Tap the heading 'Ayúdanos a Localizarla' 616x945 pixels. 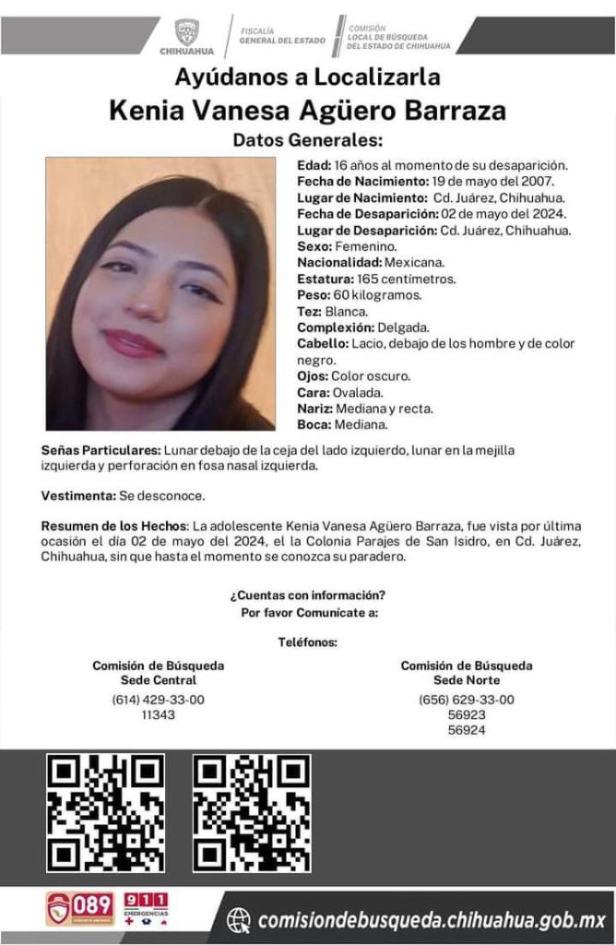click(307, 78)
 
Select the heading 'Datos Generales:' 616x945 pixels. click(307, 140)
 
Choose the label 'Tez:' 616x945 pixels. click(309, 312)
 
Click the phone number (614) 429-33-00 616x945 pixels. click(158, 700)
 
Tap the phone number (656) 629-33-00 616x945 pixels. click(466, 700)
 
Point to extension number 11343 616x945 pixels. click(158, 714)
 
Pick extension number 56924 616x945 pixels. click(466, 729)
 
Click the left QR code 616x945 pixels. click(106, 813)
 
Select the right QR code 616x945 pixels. click(252, 813)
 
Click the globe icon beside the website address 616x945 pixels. click(239, 919)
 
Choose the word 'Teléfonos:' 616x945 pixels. click(307, 642)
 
